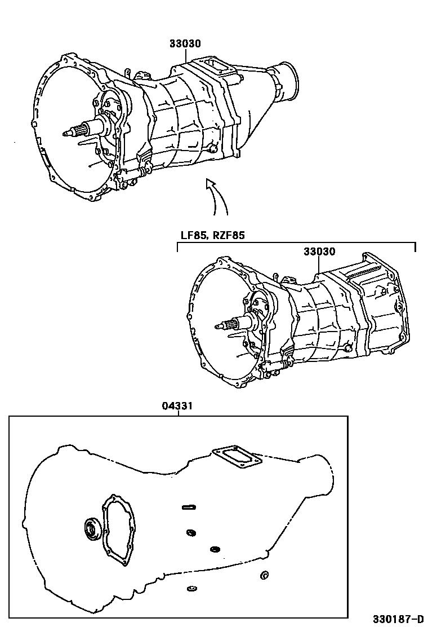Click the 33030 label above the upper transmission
[x=185, y=43]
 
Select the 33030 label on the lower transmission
[x=319, y=251]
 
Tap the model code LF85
[x=193, y=235]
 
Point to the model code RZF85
[x=228, y=235]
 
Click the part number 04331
[x=177, y=406]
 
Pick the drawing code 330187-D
[x=398, y=619]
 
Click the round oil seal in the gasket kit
[x=92, y=529]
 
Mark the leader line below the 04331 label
[x=179, y=413]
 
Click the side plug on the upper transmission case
[x=212, y=149]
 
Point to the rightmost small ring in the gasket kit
[x=264, y=575]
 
